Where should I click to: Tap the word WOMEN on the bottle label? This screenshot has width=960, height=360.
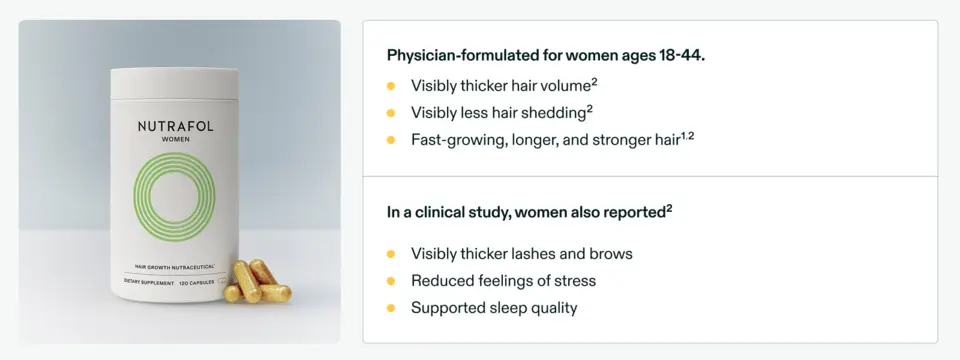(x=175, y=140)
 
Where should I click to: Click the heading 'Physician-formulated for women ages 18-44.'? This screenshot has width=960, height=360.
(x=545, y=55)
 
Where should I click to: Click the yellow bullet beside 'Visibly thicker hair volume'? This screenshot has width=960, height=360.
(x=391, y=86)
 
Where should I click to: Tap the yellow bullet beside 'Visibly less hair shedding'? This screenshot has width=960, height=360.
(x=391, y=113)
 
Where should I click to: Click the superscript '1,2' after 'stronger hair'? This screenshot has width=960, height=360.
(x=687, y=135)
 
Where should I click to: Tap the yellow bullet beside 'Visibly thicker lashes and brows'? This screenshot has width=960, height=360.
(x=391, y=254)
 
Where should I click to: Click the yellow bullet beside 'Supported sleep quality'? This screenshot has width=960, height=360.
(x=391, y=308)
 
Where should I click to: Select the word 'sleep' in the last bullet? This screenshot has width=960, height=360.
(x=509, y=308)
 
